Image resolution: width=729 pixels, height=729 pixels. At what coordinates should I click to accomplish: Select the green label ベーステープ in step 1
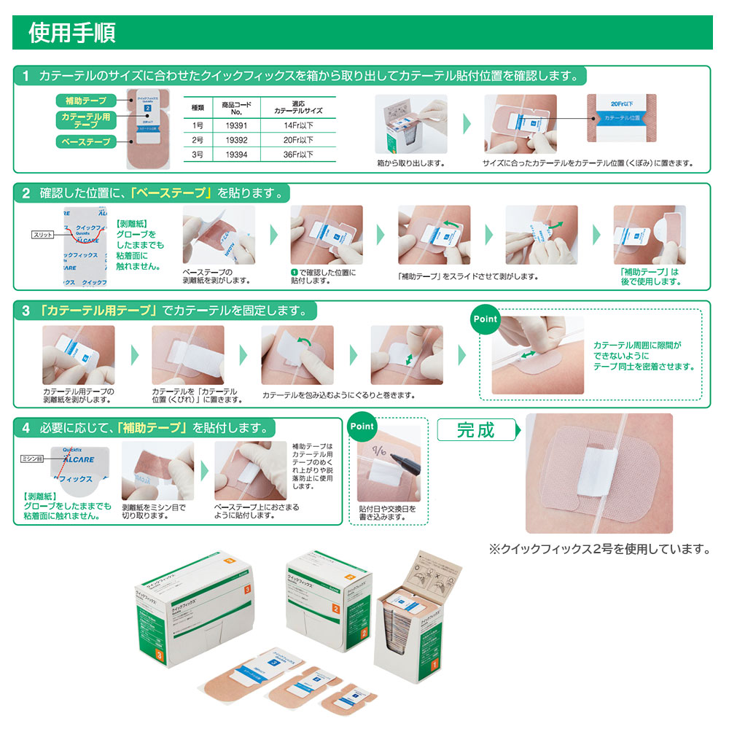pos(85,141)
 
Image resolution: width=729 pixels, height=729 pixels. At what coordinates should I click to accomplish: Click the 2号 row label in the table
pos(197,139)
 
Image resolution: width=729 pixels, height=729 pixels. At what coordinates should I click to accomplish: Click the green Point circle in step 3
pos(485,319)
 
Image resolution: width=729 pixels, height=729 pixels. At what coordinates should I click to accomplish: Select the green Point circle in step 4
pos(362,426)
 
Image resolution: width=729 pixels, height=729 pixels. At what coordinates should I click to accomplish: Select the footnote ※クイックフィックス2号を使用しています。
pos(599,549)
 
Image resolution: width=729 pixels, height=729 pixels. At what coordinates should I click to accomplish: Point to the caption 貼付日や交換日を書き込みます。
pos(387,513)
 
